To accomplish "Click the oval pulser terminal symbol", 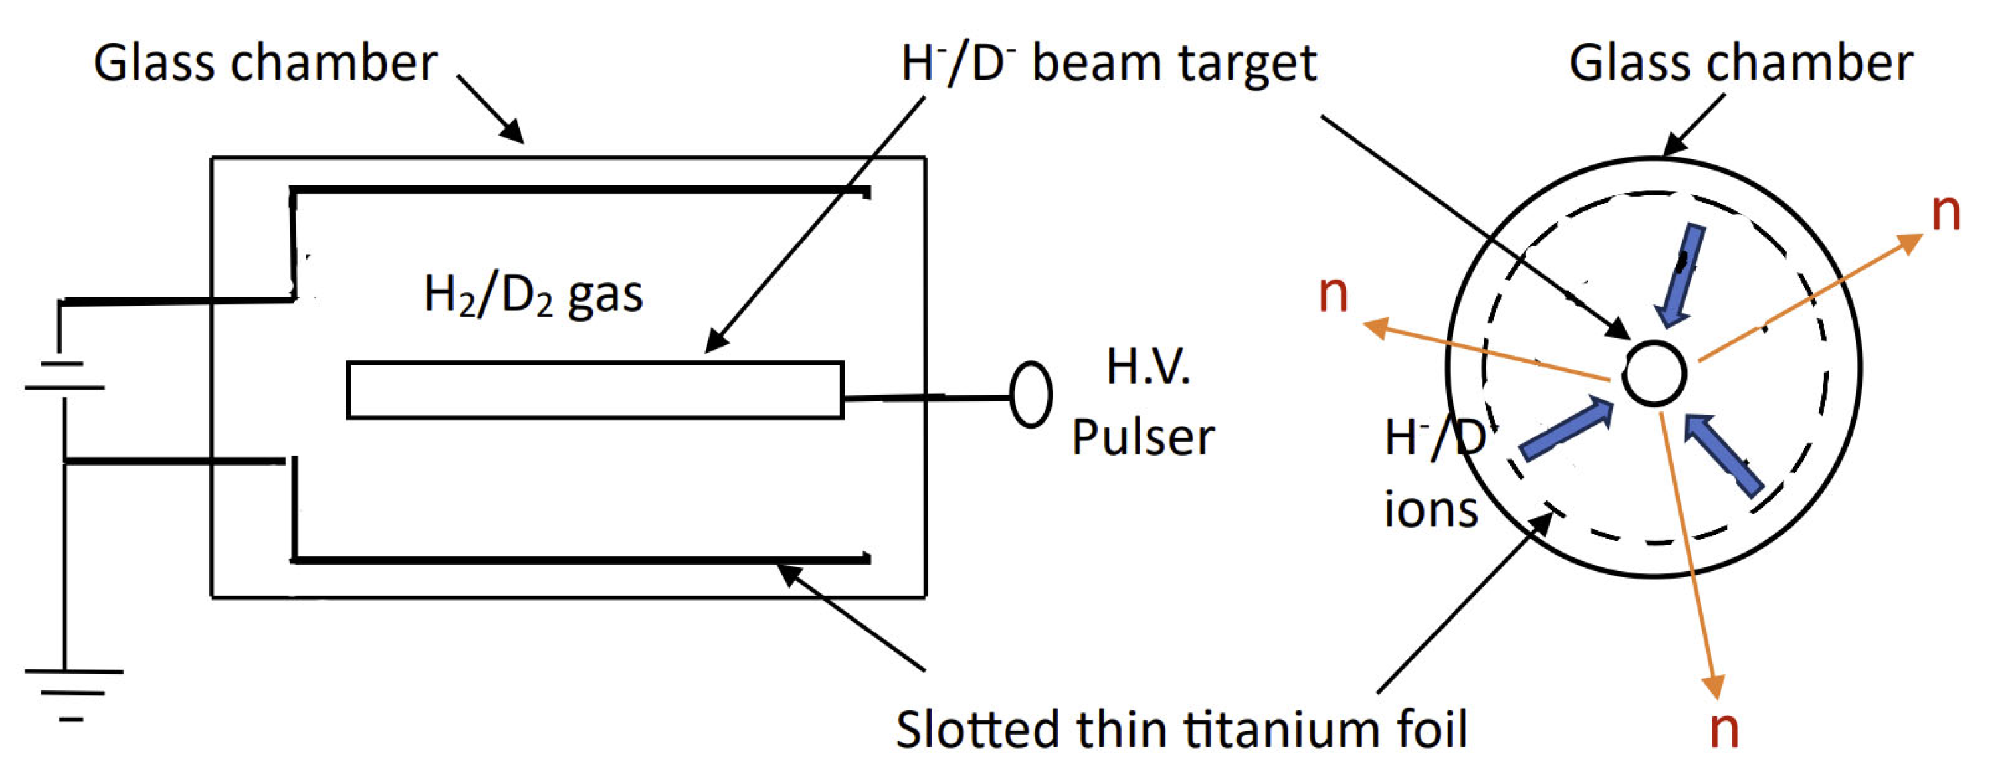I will point(1031,395).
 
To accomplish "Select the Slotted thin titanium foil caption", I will point(1181,729).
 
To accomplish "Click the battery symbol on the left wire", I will point(64,375).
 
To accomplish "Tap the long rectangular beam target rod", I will point(595,390).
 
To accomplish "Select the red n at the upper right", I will point(1946,212).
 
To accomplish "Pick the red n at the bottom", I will point(1724,729).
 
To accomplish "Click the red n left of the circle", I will point(1332,294).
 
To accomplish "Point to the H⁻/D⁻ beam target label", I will point(1108,63).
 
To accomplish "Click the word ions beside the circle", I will point(1431,510).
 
